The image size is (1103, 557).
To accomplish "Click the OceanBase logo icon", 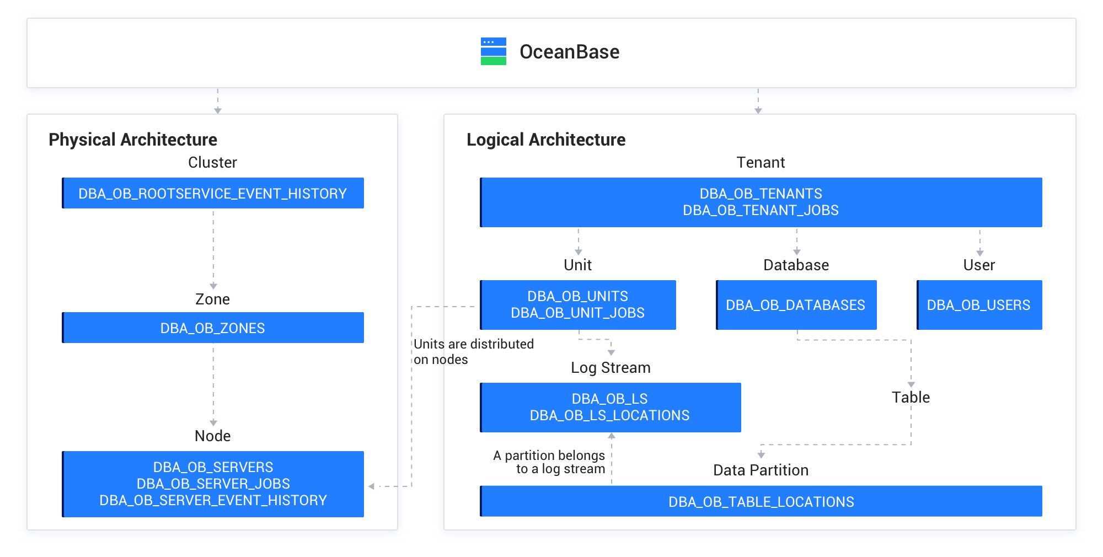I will coord(493,51).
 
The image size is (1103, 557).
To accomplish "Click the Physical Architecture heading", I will coord(132,140).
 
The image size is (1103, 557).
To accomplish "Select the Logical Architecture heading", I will coord(545,140).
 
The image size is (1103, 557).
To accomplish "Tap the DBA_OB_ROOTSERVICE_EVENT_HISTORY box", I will coord(213,194).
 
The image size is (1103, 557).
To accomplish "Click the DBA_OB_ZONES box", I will coord(213,328).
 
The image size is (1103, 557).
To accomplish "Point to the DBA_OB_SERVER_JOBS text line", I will coord(213,484).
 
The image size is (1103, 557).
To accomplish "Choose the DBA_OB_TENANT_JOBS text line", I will coord(761,211).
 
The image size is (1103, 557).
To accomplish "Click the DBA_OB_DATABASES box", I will coord(796,305).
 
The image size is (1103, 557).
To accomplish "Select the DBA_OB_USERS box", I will coord(979,305).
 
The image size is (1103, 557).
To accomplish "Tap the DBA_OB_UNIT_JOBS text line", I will coord(577,313).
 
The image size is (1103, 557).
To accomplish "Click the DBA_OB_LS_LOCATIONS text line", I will coord(609,416).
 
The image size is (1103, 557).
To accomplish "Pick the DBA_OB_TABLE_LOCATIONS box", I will coord(761,502).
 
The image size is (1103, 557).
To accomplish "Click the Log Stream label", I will coord(611,368).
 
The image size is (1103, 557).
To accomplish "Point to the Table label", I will coord(911,398).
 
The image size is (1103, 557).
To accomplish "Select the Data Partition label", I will coord(761,470).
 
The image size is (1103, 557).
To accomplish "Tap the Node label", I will coord(213,436).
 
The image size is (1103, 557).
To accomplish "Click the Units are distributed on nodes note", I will coord(473,352).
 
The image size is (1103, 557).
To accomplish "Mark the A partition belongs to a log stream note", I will coord(549,462).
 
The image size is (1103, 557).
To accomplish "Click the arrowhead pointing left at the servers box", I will coord(372,486).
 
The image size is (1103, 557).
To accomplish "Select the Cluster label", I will coord(212,163).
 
